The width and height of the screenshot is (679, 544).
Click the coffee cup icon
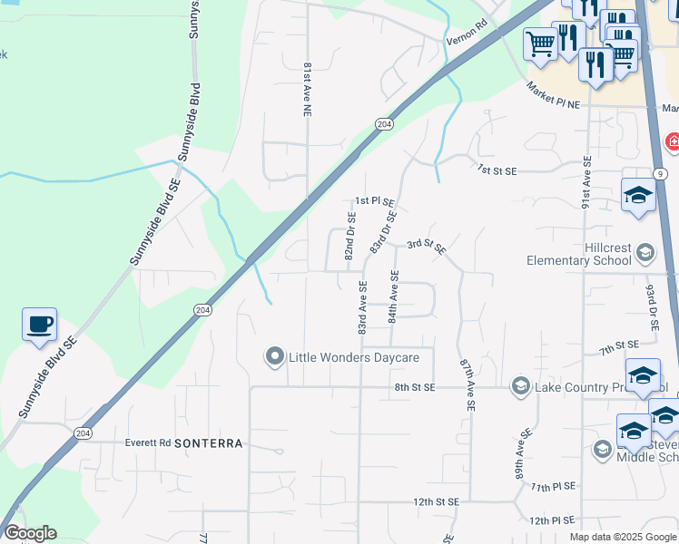[39, 325]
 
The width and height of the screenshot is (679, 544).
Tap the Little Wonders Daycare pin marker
[274, 357]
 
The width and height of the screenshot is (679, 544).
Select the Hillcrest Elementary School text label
[579, 254]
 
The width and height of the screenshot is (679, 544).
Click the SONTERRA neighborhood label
[208, 443]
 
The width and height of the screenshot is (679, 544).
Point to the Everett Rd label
[147, 443]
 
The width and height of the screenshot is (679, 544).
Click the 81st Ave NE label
[308, 89]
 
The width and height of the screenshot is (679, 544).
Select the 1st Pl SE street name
[374, 201]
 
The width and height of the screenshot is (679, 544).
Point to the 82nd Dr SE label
[349, 236]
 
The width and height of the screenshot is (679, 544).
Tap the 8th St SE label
[415, 387]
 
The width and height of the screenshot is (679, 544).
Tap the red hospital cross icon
[673, 141]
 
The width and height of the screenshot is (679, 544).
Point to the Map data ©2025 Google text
[623, 537]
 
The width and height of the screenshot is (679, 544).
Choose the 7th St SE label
[619, 345]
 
